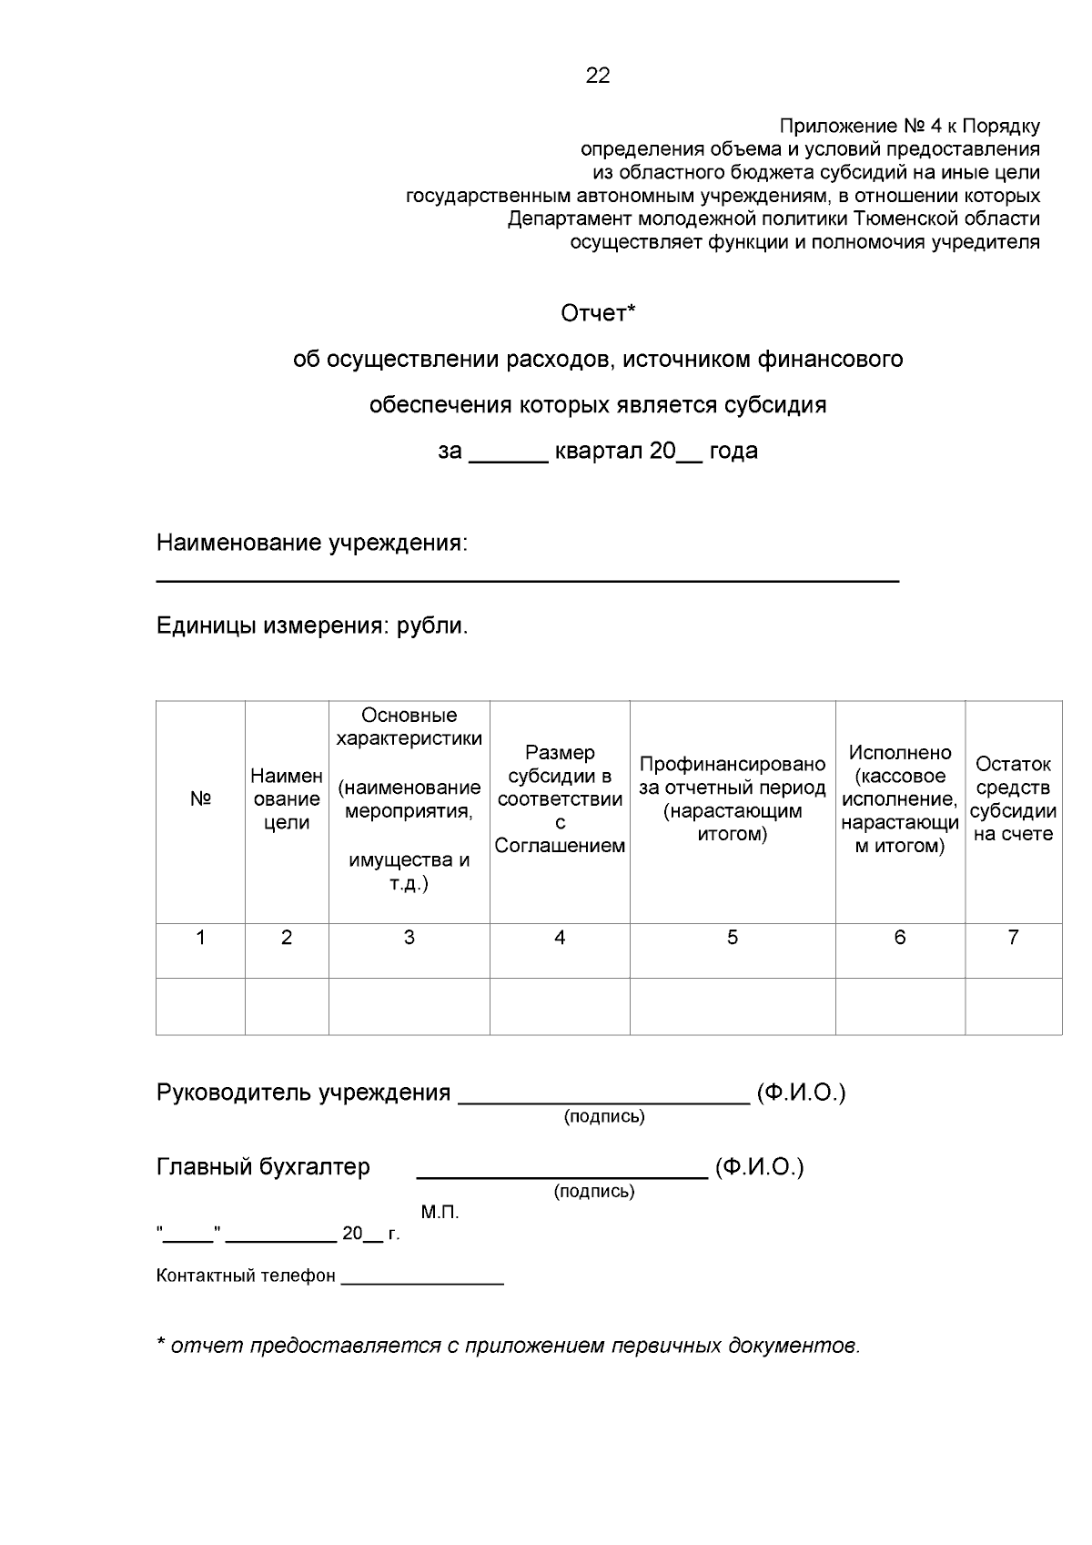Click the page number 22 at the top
(x=598, y=76)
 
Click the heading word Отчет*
(x=597, y=314)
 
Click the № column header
(x=200, y=799)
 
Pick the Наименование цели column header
(x=287, y=799)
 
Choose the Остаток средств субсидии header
(x=1013, y=799)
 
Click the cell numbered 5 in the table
(x=733, y=939)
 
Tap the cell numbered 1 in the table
(x=200, y=939)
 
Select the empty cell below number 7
(x=1013, y=1006)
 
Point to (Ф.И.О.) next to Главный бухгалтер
(x=759, y=1167)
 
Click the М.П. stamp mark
(x=440, y=1213)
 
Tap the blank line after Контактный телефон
(x=422, y=1281)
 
